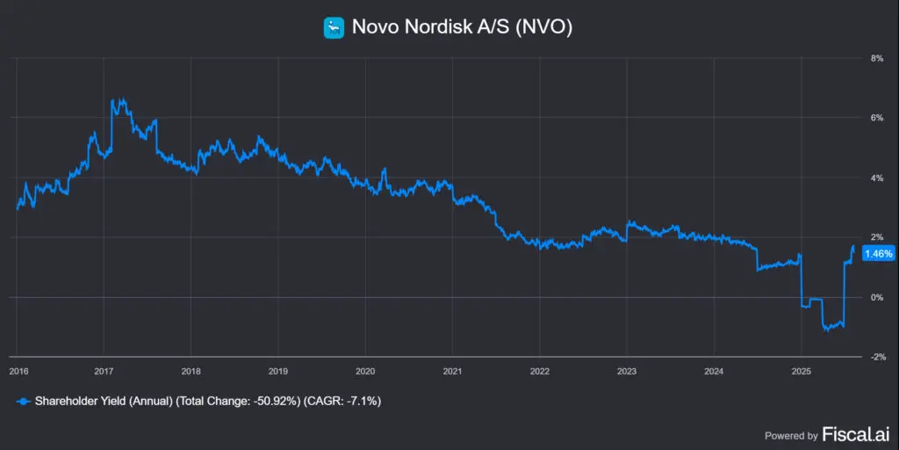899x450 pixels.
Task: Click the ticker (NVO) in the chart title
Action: [x=543, y=27]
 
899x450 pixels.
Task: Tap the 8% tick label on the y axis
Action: [x=875, y=58]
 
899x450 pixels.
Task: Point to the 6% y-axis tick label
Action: [x=875, y=118]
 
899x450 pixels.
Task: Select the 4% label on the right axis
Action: [x=875, y=178]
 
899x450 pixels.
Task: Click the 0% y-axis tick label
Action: [x=875, y=297]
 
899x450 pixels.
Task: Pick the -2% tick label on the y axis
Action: [x=874, y=357]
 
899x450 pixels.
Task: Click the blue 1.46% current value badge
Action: [x=878, y=254]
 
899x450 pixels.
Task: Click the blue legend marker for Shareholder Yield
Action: [x=22, y=401]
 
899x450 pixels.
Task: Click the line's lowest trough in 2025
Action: [x=827, y=331]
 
